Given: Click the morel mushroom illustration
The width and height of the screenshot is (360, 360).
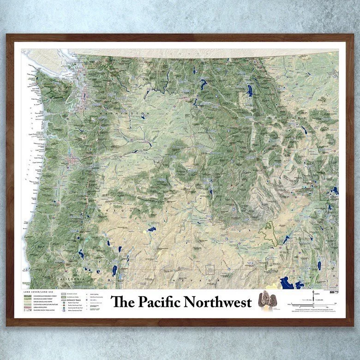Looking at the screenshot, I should pos(265,300).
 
